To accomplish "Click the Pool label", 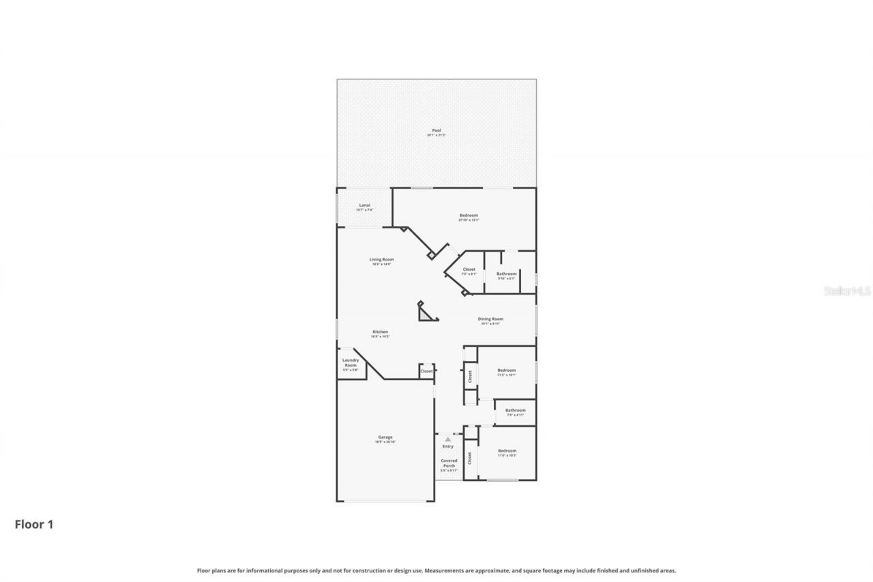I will point(436,130).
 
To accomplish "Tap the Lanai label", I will point(364,205).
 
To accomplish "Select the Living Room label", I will point(381,259).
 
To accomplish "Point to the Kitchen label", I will point(380,332).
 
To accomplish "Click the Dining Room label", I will point(491,319).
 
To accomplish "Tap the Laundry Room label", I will point(350,362).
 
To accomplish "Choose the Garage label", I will point(385,437).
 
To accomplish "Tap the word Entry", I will point(447,446).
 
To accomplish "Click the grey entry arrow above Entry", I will point(447,439).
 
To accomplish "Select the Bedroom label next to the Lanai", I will point(469,216).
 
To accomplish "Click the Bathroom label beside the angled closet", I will point(506,274).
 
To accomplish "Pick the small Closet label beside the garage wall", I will point(426,371).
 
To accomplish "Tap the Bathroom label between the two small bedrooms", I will point(515,410).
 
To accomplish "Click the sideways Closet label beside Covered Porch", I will point(469,458).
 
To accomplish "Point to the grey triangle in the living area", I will point(427,313).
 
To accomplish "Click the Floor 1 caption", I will point(34,525).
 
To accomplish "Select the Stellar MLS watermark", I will point(847,291).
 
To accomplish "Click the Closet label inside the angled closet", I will point(469,270).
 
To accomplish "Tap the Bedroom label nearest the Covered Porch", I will point(507,451).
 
